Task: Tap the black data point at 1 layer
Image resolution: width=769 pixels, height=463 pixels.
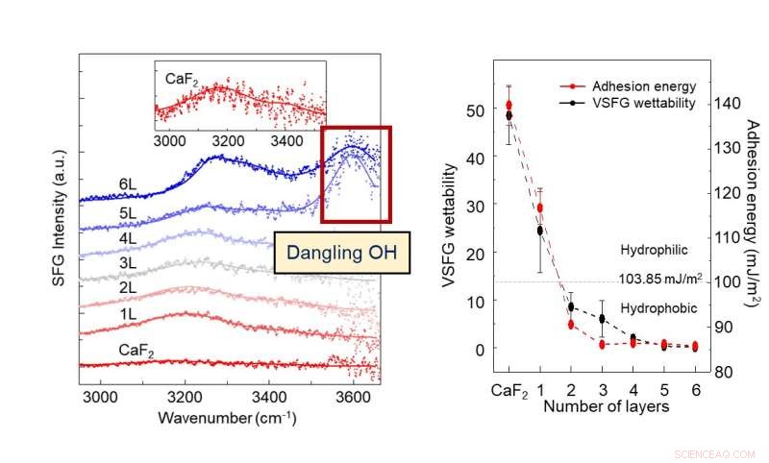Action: pyautogui.click(x=540, y=231)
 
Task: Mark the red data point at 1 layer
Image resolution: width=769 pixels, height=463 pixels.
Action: pyautogui.click(x=540, y=207)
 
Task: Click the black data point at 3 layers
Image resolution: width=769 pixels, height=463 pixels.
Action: pyautogui.click(x=602, y=319)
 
